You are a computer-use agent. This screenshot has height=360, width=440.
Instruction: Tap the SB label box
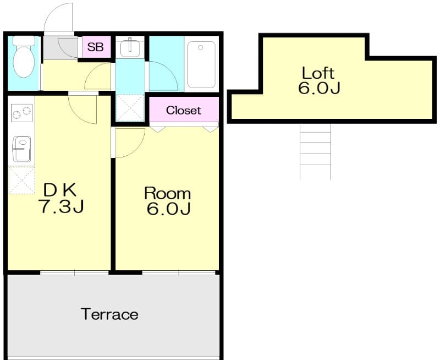click(96, 47)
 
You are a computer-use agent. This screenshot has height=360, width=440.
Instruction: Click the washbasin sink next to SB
click(130, 47)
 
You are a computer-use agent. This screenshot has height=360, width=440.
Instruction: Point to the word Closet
click(184, 110)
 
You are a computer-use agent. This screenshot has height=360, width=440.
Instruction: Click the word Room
click(167, 193)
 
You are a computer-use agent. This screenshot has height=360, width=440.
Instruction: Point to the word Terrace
click(109, 314)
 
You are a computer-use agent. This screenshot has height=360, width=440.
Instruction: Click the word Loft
click(318, 72)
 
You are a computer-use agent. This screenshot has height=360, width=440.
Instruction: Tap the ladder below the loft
click(315, 151)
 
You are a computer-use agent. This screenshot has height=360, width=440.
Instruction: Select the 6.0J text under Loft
click(318, 88)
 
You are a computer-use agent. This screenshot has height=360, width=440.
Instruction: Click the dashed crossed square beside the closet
click(130, 107)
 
